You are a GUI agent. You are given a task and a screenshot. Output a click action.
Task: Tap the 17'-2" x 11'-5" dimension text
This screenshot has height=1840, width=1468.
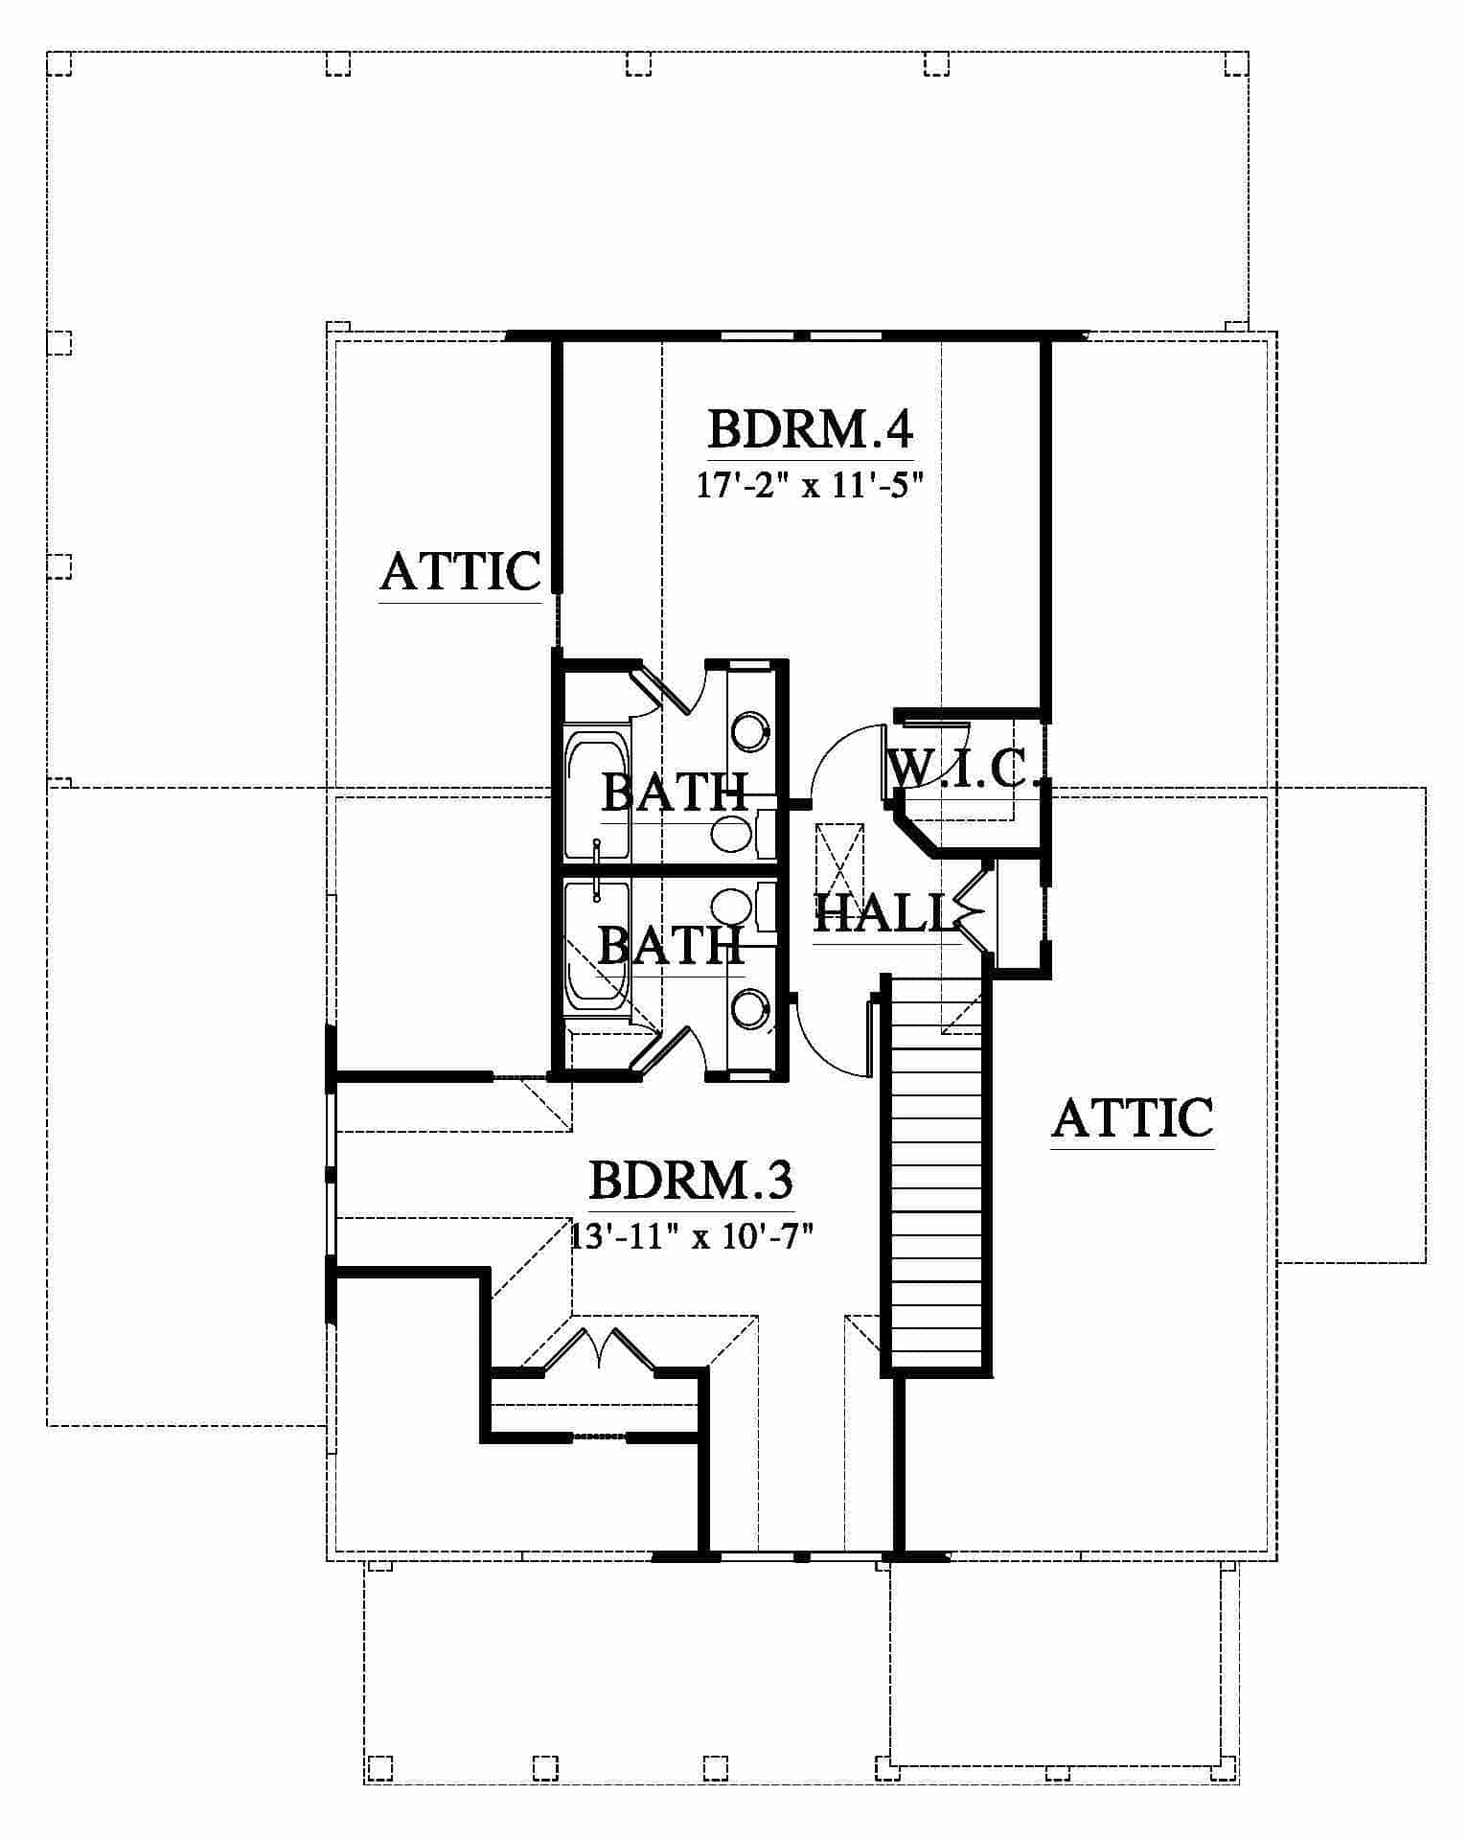pyautogui.click(x=809, y=486)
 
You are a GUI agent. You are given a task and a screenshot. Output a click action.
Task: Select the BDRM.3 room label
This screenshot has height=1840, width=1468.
pyautogui.click(x=690, y=1180)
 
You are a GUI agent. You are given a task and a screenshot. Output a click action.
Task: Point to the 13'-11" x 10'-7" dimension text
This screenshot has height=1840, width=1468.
pyautogui.click(x=692, y=1236)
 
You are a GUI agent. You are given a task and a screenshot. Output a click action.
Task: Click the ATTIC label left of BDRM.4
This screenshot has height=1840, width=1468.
pyautogui.click(x=461, y=571)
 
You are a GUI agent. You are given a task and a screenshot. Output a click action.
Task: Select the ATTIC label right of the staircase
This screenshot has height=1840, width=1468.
pyautogui.click(x=1133, y=1117)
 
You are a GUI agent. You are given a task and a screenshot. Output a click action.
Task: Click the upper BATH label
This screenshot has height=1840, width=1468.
pyautogui.click(x=674, y=792)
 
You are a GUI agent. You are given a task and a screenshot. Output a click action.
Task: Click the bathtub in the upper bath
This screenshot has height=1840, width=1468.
pyautogui.click(x=597, y=795)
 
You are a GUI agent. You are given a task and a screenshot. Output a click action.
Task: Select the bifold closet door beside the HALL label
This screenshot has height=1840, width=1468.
pyautogui.click(x=973, y=908)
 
